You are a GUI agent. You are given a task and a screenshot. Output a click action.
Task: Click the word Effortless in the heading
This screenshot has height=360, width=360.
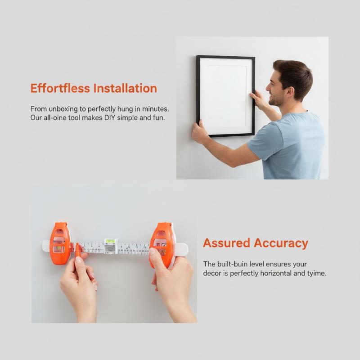coord(60,88)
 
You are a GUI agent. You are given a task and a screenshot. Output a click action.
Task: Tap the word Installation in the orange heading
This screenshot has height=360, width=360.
coord(125,88)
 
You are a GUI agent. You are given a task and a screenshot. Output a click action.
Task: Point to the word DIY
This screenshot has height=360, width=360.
coord(110,118)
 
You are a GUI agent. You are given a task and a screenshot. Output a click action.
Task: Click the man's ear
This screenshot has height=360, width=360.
coord(291,92)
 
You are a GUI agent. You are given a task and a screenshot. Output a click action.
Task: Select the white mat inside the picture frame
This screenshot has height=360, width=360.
coord(225,96)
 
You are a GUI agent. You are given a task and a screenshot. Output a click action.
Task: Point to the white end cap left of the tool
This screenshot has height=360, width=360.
coord(46,246)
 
